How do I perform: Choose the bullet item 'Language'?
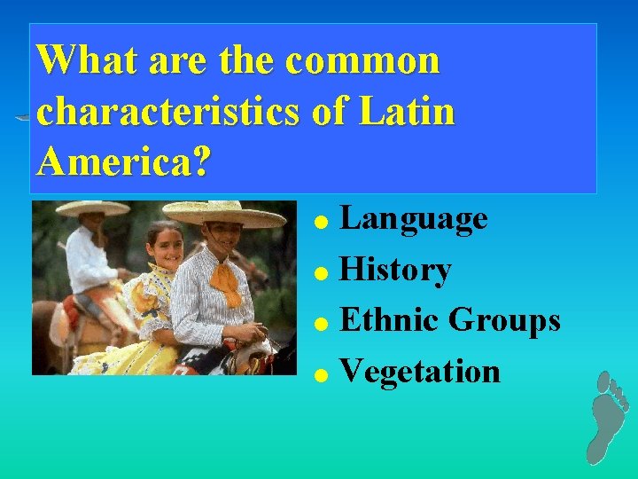414,218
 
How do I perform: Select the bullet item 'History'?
396,270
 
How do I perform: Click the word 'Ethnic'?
391,320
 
